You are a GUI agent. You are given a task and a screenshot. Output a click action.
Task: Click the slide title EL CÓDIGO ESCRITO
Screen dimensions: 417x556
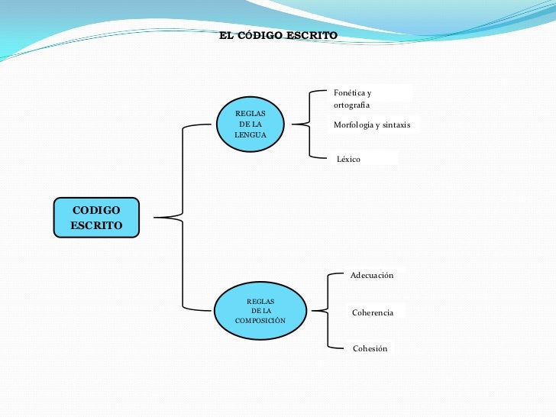(278, 36)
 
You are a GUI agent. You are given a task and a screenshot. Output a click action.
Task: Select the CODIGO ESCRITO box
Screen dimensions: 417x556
(96, 218)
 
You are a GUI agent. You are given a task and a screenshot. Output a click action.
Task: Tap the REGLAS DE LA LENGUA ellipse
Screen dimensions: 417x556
(251, 124)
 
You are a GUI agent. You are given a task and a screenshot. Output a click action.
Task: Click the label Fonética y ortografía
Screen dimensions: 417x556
(352, 99)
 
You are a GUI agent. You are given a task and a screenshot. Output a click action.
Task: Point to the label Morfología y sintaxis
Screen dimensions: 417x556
(372, 124)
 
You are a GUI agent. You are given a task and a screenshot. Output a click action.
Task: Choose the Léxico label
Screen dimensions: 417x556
(348, 159)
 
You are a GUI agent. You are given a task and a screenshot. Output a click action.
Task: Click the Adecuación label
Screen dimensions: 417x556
(372, 275)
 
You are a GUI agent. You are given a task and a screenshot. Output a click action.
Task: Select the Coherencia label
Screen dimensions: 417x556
(373, 313)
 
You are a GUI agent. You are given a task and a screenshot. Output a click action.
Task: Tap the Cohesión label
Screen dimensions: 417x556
(370, 348)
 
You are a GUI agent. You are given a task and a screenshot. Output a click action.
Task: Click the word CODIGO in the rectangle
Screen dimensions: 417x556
(95, 210)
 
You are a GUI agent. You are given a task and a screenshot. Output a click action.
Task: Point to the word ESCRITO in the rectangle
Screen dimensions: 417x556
(95, 225)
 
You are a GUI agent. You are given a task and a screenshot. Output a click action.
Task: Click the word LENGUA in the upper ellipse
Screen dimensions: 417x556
(251, 134)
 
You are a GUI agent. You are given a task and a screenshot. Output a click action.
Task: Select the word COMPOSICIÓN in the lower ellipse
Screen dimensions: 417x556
(260, 320)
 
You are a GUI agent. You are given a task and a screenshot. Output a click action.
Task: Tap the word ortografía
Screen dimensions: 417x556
(351, 105)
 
